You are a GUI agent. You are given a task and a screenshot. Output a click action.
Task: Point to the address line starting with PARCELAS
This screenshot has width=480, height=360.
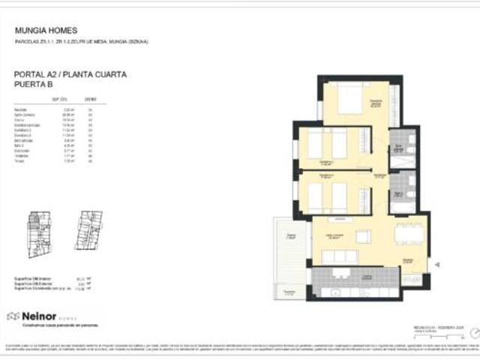pos(82,42)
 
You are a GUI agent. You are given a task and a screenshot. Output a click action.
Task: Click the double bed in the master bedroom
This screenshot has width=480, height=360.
pos(349,98)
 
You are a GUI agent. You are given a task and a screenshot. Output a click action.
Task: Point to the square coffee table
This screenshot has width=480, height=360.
pos(363,236)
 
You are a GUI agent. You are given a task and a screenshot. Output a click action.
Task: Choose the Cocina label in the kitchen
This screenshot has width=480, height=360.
pos(367,277)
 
